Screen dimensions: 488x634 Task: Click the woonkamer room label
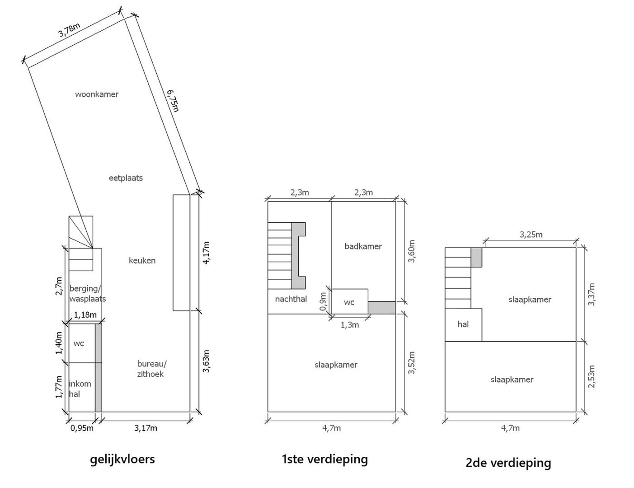pos(97,94)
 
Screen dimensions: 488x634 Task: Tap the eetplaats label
pos(126,178)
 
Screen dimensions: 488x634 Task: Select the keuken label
pos(142,261)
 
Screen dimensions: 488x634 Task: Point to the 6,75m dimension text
pos(173,100)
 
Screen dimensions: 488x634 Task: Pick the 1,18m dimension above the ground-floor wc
pos(85,314)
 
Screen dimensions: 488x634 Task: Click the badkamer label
pos(363,246)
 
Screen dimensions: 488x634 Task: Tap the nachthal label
pos(291,299)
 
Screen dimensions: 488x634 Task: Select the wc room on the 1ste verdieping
pos(349,302)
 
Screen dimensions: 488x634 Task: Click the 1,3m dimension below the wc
pos(349,324)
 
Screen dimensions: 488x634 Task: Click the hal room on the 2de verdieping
pos(463,324)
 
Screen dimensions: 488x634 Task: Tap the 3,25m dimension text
pos(531,235)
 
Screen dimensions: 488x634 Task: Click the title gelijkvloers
pos(122,459)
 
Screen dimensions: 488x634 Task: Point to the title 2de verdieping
pos(508,463)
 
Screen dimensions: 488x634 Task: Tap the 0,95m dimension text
pos(82,428)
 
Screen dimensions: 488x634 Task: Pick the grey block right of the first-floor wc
pos(381,308)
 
